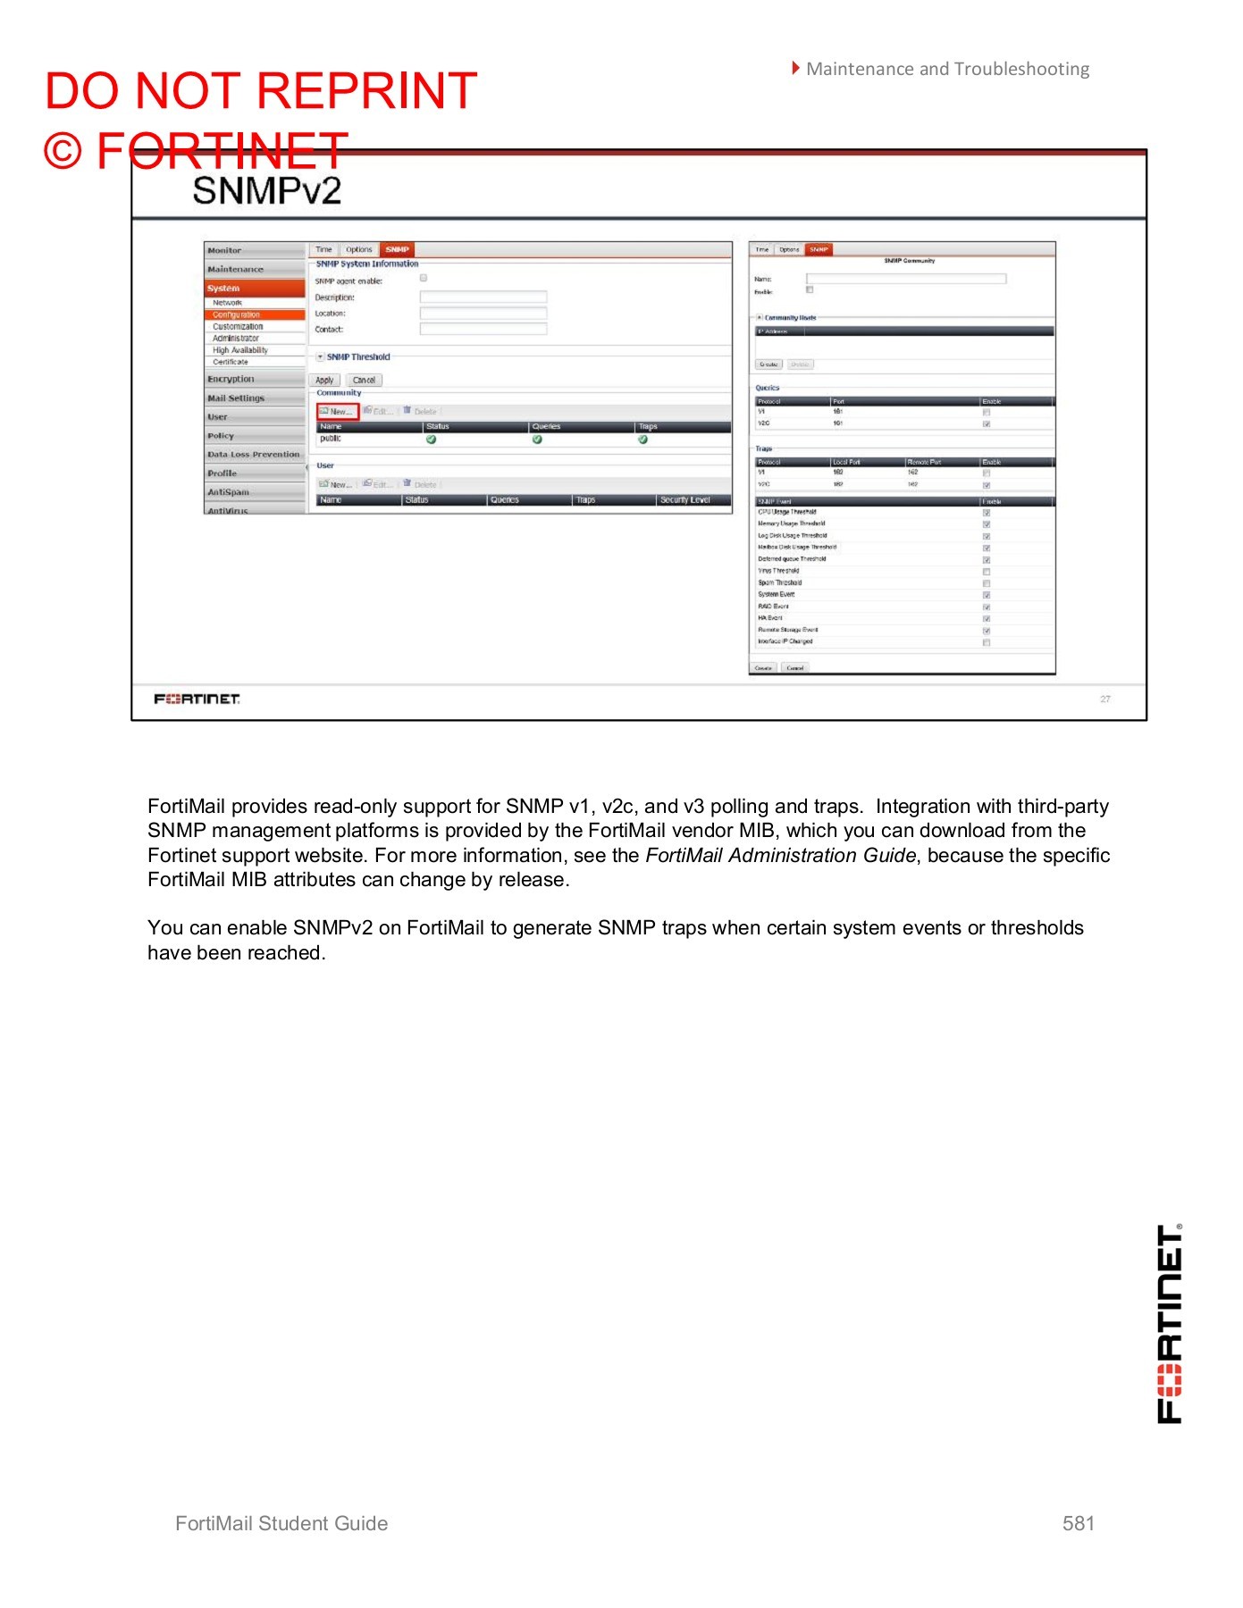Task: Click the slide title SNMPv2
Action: [266, 190]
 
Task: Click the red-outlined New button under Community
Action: [338, 411]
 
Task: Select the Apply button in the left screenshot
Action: [324, 380]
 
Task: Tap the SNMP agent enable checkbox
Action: [424, 279]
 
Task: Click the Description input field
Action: [483, 297]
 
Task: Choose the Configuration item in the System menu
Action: [237, 314]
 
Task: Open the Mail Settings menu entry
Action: [236, 398]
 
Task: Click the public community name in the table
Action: [331, 439]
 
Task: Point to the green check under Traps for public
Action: [642, 440]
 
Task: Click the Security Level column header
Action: [684, 499]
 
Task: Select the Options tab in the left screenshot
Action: [358, 250]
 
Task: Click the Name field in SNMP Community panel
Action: [905, 279]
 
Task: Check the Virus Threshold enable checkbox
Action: [987, 572]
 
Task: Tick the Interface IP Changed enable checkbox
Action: [987, 642]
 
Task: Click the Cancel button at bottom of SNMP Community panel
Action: [794, 667]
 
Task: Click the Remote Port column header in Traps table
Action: [924, 462]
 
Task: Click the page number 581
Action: [1078, 1523]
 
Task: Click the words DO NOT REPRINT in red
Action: [261, 91]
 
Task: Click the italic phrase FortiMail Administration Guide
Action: [780, 855]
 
